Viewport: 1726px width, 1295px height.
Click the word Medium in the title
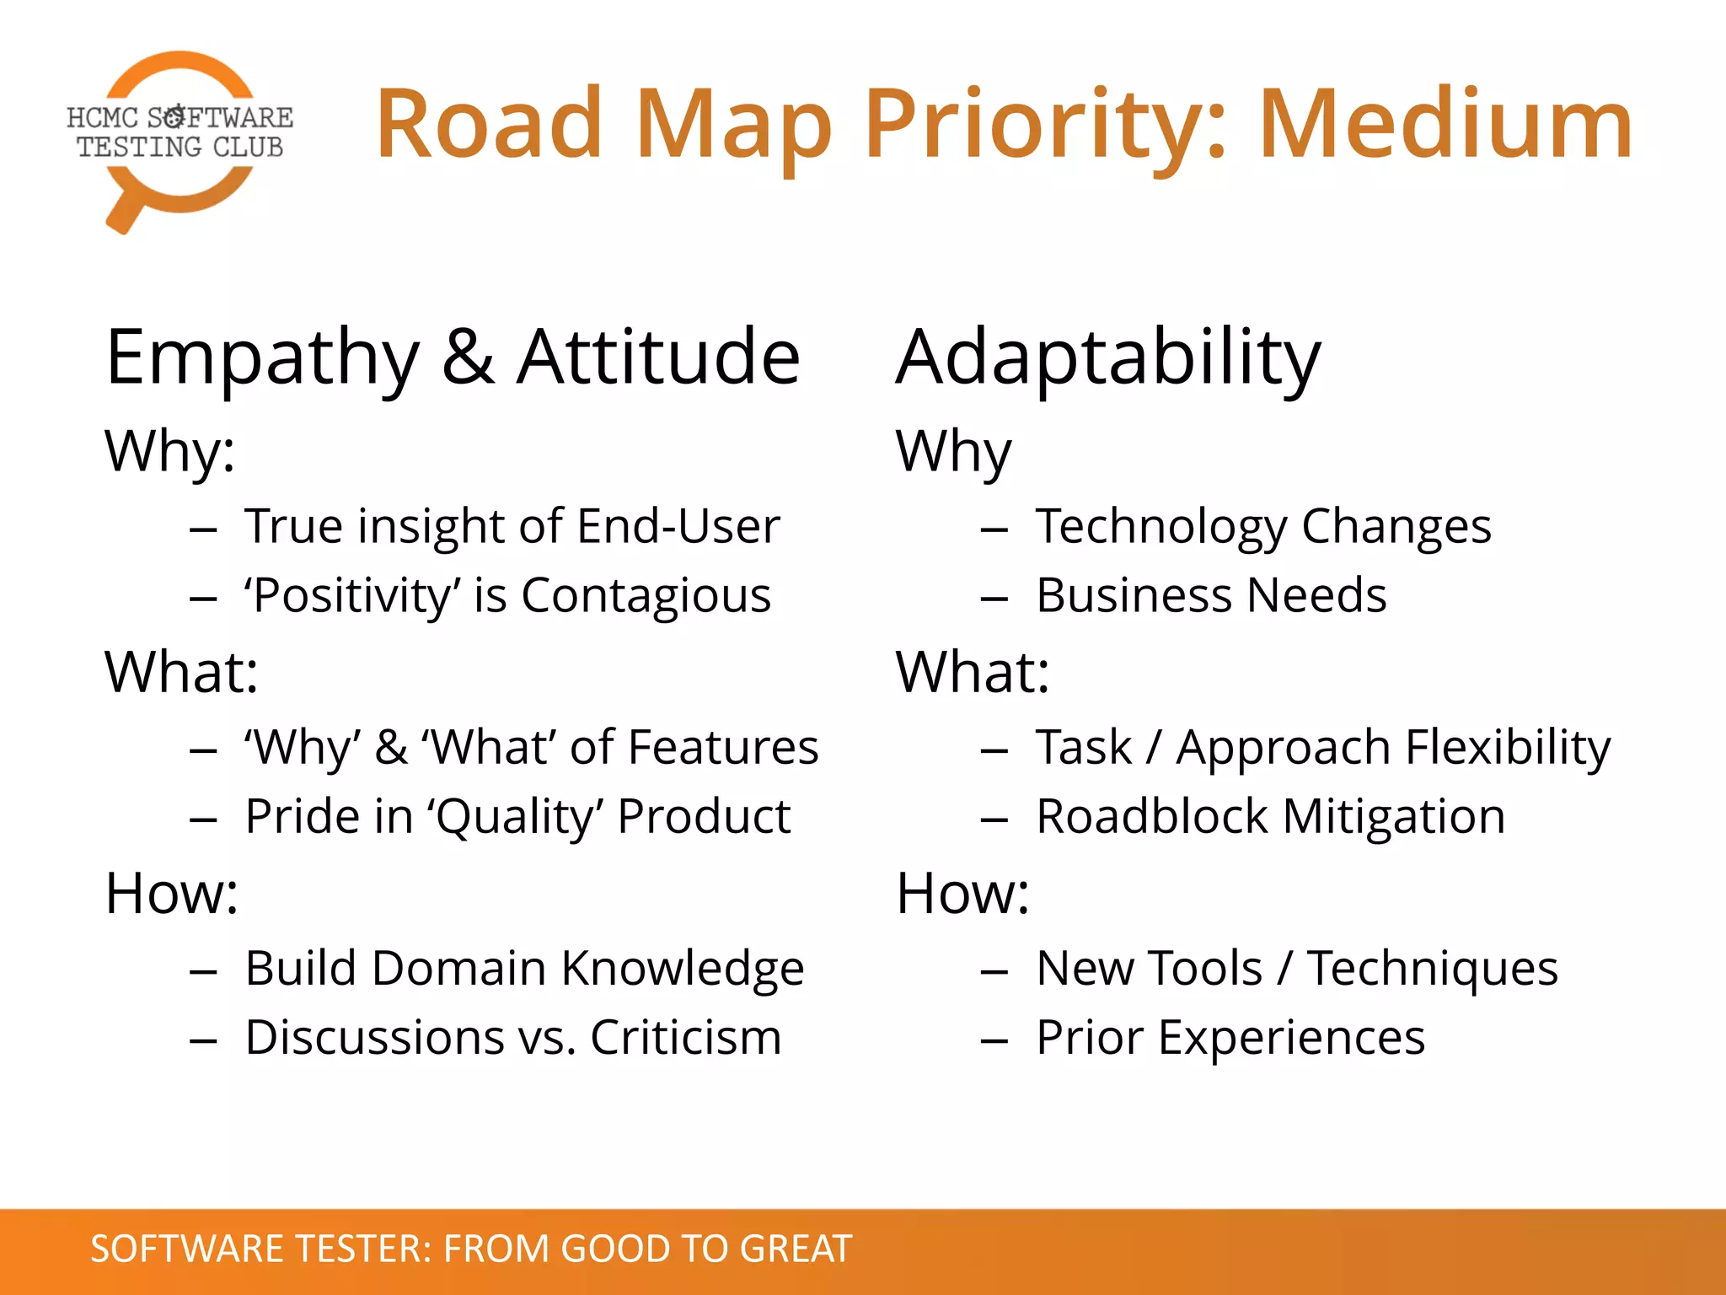(x=1445, y=125)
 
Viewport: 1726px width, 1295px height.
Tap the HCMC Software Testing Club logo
(x=180, y=139)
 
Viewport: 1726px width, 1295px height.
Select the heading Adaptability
(x=1108, y=358)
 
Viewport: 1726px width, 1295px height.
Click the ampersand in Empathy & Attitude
(x=468, y=358)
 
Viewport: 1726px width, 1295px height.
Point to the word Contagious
(x=646, y=596)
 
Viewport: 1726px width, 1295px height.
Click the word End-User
(x=678, y=527)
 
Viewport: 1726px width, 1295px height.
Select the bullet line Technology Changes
(x=1262, y=527)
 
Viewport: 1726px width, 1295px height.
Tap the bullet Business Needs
(x=1210, y=596)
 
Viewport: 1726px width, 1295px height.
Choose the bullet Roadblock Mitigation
(x=1270, y=817)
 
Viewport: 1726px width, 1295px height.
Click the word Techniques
(x=1432, y=969)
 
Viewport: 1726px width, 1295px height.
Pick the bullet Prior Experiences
(x=1230, y=1038)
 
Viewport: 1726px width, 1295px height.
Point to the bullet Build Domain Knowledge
(x=523, y=969)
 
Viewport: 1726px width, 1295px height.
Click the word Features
(x=722, y=748)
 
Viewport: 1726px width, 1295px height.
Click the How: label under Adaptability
(x=962, y=893)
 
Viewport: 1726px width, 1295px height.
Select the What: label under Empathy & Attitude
(x=181, y=672)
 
